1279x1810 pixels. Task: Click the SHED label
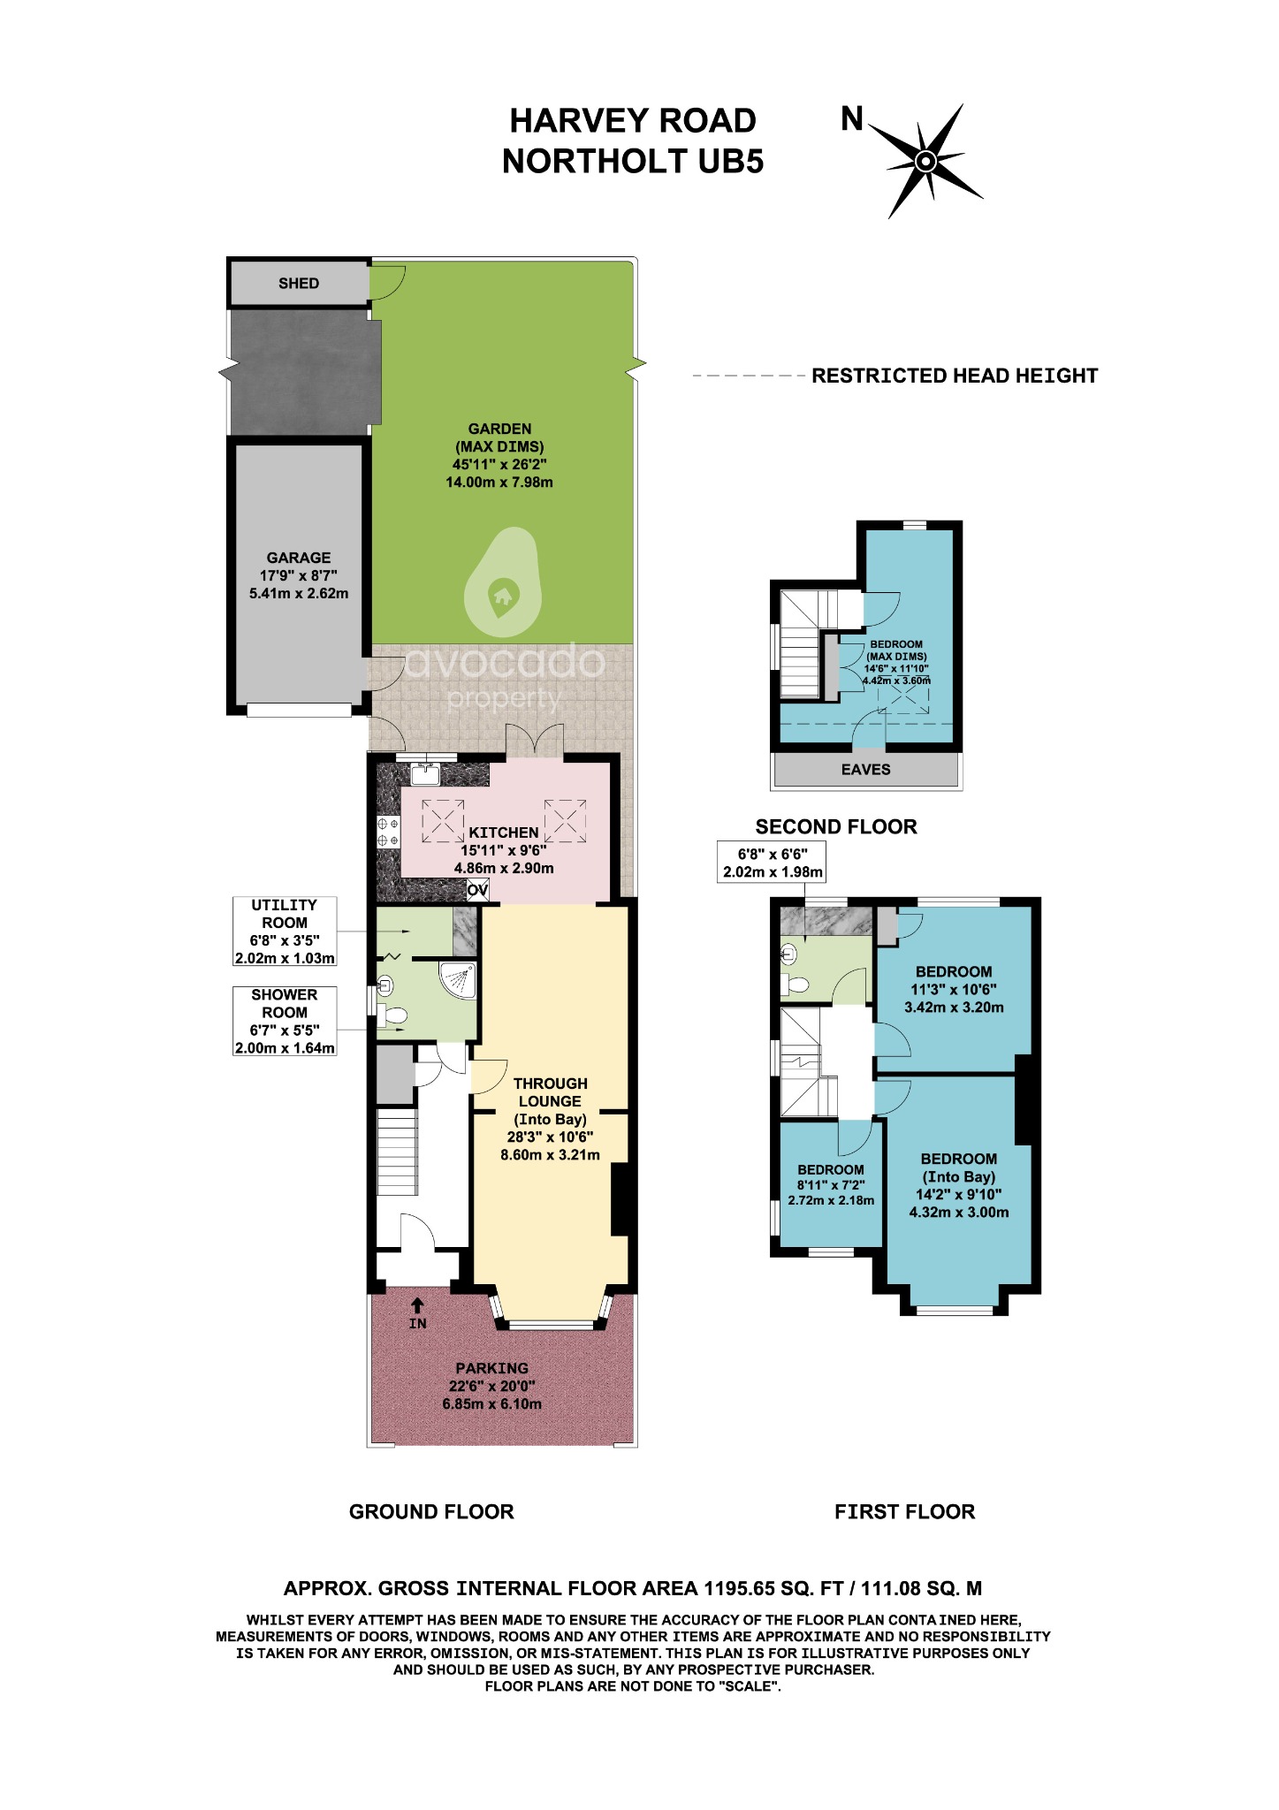tap(298, 284)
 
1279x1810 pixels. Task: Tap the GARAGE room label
tap(299, 575)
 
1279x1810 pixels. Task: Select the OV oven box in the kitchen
tap(477, 890)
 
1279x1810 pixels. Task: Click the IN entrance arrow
tap(418, 1313)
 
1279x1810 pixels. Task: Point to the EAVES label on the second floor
tap(865, 770)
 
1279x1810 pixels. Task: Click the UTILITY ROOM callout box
tap(285, 932)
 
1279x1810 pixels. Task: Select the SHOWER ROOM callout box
tap(285, 1022)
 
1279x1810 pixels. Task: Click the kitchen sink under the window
tap(426, 774)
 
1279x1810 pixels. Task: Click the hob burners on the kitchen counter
tap(388, 832)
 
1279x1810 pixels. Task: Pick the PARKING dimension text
tap(492, 1386)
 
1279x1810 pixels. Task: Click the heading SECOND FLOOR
tap(836, 827)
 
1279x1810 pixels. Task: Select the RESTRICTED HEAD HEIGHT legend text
tap(955, 376)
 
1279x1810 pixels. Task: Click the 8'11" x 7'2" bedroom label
tap(831, 1185)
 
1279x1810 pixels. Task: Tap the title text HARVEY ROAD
tap(633, 121)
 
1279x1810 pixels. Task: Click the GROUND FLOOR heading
tap(431, 1512)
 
